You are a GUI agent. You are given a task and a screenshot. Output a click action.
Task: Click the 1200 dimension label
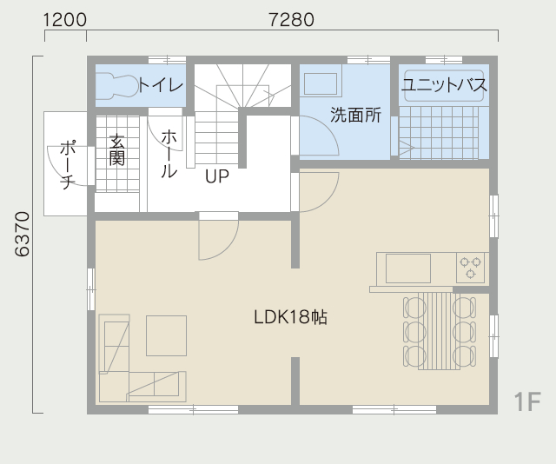(65, 19)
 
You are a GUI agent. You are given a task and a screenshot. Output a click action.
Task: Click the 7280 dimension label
(292, 19)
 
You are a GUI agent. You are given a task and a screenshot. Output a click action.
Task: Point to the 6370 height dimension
(22, 234)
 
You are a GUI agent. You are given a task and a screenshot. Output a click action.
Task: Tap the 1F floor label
(527, 402)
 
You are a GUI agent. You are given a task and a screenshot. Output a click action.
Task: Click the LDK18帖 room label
(291, 317)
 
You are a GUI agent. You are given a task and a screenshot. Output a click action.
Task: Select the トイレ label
(161, 85)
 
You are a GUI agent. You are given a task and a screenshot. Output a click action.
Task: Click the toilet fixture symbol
(117, 85)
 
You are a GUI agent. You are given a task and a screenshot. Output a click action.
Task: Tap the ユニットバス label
(444, 85)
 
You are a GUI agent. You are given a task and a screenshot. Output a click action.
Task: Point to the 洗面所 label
(355, 115)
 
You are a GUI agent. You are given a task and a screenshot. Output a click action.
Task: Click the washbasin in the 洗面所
(321, 83)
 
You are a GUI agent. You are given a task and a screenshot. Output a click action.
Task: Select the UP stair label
(217, 176)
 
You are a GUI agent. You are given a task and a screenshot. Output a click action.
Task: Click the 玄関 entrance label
(116, 149)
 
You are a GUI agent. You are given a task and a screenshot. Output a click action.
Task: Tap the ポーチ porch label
(68, 164)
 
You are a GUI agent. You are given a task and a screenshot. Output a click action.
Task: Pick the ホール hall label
(169, 154)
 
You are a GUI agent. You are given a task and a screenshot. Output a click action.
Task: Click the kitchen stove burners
(470, 268)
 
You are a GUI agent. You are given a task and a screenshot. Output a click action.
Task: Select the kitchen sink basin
(408, 268)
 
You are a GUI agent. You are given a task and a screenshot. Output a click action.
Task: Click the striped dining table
(439, 331)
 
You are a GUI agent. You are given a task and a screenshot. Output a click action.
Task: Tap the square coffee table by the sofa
(166, 335)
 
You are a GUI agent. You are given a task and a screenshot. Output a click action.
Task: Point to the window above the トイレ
(167, 60)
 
